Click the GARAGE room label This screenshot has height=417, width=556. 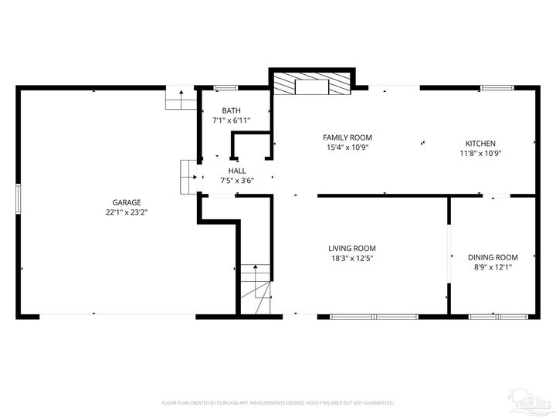point(127,202)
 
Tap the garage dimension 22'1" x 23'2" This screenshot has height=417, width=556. point(127,212)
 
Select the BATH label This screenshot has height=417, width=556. point(231,111)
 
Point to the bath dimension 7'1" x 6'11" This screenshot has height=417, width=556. point(231,120)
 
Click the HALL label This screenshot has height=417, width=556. point(237,170)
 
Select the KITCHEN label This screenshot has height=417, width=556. point(480,143)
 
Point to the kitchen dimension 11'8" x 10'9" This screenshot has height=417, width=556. point(480,153)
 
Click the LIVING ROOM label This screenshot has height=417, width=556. point(353,248)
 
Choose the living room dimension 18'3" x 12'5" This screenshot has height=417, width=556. point(353,258)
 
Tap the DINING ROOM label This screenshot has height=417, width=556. point(493,257)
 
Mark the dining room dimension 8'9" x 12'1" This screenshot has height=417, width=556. point(493,267)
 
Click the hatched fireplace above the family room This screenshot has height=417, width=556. point(312,84)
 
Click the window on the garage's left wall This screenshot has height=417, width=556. point(19,198)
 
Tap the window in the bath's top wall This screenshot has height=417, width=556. point(225,87)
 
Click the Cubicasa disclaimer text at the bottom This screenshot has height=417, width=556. point(278,402)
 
